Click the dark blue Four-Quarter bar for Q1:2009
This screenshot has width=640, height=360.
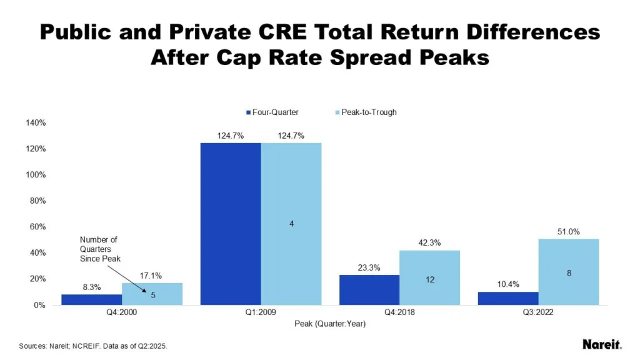click(x=230, y=224)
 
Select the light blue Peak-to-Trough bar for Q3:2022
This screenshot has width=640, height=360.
click(x=569, y=272)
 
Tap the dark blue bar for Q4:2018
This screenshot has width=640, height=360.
click(x=369, y=290)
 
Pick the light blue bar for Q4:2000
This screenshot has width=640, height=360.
click(x=152, y=294)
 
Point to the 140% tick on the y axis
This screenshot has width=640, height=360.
click(x=35, y=123)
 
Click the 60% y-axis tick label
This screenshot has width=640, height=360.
click(x=37, y=227)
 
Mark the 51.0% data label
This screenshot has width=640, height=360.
click(x=569, y=232)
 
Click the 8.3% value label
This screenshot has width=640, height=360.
click(x=92, y=287)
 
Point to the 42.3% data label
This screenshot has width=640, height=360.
click(x=430, y=243)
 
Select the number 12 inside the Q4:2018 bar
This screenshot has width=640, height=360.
click(x=430, y=281)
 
